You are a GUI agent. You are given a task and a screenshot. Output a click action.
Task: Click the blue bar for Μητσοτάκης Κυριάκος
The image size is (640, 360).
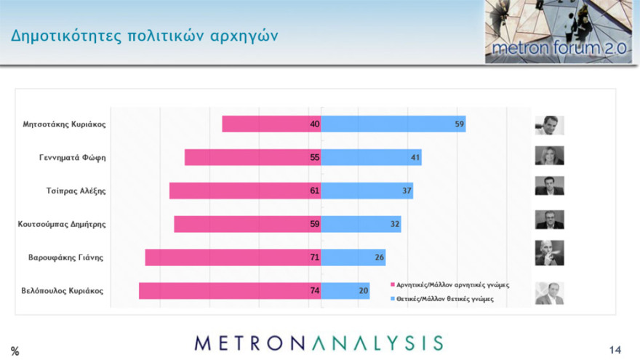coord(393,124)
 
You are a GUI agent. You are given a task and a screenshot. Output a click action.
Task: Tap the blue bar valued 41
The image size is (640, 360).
coord(371,157)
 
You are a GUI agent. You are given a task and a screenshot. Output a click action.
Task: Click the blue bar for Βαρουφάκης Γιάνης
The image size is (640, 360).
coord(353,257)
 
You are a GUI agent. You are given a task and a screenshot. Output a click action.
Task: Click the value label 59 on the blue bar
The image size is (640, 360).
coord(459,124)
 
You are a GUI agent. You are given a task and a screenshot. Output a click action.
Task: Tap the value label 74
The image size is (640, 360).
coord(314,291)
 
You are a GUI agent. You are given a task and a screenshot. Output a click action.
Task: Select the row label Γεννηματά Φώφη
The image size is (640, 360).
coord(72,157)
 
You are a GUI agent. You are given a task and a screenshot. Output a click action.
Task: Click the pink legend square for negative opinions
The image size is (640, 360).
coord(393,285)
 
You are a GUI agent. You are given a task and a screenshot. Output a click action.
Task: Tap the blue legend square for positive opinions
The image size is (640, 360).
coord(393,298)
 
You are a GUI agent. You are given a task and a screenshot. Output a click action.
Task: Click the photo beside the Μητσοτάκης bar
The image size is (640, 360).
coord(549,125)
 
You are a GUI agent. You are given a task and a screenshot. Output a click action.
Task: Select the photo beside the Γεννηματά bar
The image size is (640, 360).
coord(549,156)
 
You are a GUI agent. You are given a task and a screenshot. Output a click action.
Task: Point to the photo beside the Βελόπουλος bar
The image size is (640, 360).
coord(549,292)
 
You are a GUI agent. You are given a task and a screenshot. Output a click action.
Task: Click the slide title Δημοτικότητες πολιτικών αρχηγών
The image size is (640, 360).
coord(144,36)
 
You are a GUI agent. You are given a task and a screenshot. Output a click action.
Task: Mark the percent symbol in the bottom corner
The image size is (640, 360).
coord(15,351)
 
